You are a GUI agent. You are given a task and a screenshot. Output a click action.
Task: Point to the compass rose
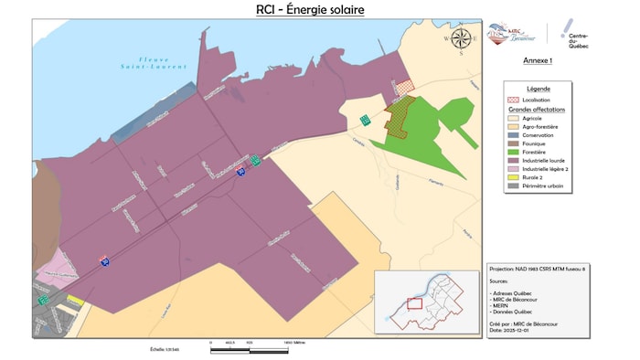462,38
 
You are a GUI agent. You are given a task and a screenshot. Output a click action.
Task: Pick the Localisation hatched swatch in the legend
513,100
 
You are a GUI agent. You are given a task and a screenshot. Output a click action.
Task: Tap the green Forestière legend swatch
513,151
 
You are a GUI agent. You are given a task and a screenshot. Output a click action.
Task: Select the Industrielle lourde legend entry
540,159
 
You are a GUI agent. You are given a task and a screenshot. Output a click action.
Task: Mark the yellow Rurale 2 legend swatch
513,176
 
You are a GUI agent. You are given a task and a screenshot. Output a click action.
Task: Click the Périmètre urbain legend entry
540,185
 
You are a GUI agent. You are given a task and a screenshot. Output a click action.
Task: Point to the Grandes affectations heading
539,109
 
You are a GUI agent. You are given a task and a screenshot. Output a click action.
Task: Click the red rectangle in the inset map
414,303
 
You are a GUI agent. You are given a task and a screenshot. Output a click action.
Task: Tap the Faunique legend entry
531,143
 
